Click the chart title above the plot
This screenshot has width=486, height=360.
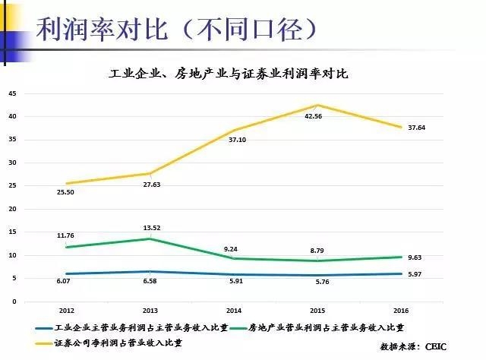[229, 74]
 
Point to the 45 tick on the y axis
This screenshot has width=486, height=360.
[12, 93]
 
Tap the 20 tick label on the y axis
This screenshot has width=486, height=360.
[12, 209]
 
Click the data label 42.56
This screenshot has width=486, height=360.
[313, 117]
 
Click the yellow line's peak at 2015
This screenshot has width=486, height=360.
[317, 106]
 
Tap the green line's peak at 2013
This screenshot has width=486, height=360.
[150, 238]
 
